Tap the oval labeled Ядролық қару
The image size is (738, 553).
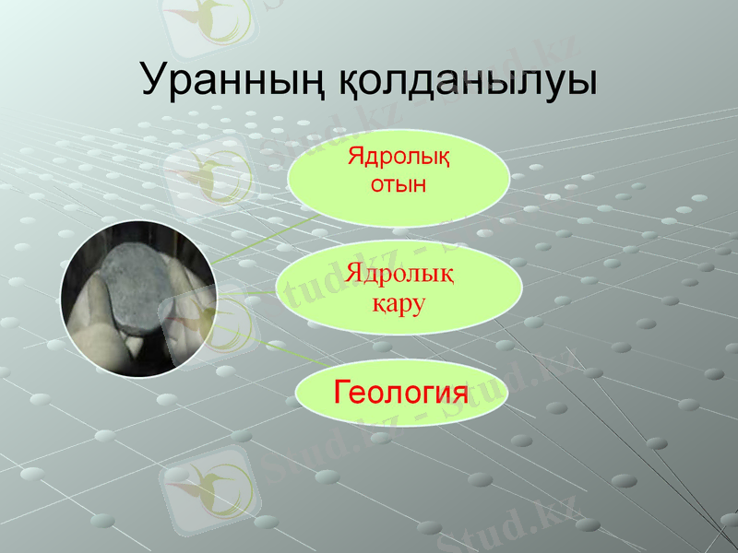pos(399,287)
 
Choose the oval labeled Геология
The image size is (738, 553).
pos(399,394)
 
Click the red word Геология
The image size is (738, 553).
pos(399,394)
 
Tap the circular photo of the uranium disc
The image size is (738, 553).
pos(138,300)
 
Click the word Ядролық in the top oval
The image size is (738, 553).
pos(399,153)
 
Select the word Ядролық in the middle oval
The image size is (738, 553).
pos(399,274)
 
